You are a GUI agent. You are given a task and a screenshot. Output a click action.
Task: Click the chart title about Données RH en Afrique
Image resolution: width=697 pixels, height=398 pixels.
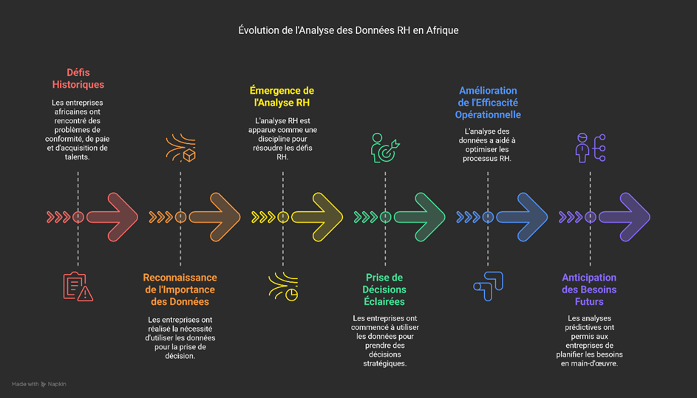(x=348, y=30)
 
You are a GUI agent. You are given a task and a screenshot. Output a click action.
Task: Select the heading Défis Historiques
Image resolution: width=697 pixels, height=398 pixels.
(x=78, y=78)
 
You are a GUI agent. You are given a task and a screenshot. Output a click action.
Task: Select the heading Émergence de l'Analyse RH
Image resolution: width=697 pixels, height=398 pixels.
(x=282, y=97)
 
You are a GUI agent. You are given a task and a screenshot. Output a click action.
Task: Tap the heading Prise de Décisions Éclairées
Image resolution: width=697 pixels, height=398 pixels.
(x=385, y=289)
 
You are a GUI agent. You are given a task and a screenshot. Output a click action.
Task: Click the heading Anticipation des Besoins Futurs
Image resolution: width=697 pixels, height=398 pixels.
(x=589, y=289)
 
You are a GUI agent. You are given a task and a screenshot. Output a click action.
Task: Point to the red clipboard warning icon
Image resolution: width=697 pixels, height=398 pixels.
(x=78, y=287)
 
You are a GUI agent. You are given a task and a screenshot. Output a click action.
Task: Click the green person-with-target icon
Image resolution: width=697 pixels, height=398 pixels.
(x=385, y=147)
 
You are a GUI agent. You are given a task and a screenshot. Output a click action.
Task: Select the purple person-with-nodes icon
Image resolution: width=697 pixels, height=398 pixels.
(x=590, y=147)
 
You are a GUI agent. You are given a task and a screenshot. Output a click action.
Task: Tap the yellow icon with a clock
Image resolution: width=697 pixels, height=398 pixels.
(x=282, y=287)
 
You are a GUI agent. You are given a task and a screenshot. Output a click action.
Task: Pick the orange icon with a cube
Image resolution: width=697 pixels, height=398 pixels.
(x=180, y=147)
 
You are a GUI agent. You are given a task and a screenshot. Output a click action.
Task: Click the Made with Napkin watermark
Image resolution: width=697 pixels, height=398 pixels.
(x=38, y=384)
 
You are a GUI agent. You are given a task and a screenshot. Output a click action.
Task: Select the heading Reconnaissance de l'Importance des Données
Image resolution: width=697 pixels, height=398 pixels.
(x=180, y=289)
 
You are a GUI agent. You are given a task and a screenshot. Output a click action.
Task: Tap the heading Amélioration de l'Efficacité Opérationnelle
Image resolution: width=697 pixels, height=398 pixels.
(x=488, y=103)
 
